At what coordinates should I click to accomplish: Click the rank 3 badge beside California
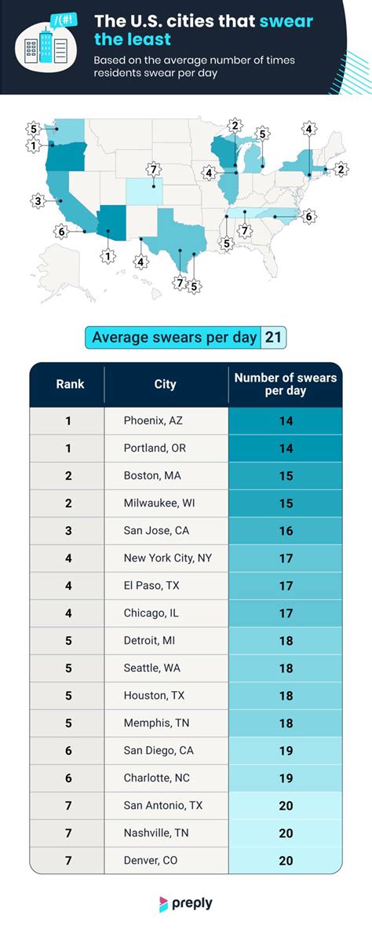(37, 202)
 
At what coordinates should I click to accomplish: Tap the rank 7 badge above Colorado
(155, 170)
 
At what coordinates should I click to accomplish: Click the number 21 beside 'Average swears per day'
(274, 337)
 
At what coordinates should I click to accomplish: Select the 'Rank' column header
(69, 384)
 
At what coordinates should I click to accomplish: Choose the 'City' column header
(165, 384)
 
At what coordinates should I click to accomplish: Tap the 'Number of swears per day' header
(285, 384)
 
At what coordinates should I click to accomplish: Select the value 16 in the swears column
(285, 531)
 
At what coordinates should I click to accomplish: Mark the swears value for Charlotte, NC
(285, 778)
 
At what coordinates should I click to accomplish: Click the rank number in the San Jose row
(68, 531)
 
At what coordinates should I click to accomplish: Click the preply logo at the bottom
(185, 903)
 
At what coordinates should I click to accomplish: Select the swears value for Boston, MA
(285, 476)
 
